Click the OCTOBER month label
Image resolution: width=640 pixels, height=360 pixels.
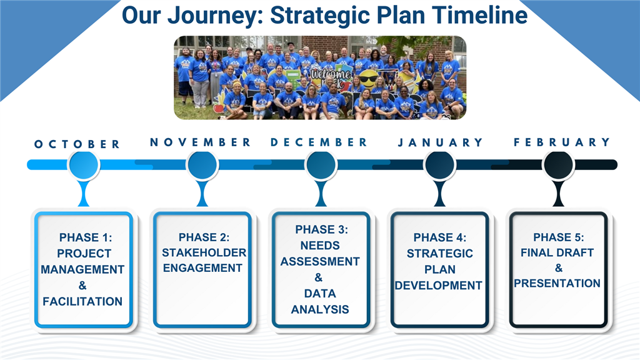77,144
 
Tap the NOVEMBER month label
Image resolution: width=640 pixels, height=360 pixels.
200,142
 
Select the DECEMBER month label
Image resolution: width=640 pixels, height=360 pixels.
319,142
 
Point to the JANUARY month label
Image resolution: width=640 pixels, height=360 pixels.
440,143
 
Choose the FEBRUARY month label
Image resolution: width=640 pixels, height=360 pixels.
561,142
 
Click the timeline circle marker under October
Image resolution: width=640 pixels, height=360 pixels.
83,165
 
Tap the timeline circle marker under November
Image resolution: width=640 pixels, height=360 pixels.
202,165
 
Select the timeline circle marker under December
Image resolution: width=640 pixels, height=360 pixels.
321,165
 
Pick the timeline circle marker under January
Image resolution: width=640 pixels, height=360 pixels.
439,165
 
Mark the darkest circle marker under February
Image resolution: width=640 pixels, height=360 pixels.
559,165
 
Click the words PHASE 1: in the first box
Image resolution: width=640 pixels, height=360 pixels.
82,237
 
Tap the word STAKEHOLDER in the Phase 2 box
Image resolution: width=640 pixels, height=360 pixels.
204,253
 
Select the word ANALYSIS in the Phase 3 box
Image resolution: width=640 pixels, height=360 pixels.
320,309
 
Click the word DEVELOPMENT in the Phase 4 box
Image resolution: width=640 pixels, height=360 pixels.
439,286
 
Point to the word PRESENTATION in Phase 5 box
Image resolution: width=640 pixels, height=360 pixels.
557,284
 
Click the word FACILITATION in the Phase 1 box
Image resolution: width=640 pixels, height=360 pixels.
82,302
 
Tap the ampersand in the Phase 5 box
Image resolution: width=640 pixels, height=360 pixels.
558,268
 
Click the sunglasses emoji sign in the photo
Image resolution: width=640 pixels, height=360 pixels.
367,79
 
